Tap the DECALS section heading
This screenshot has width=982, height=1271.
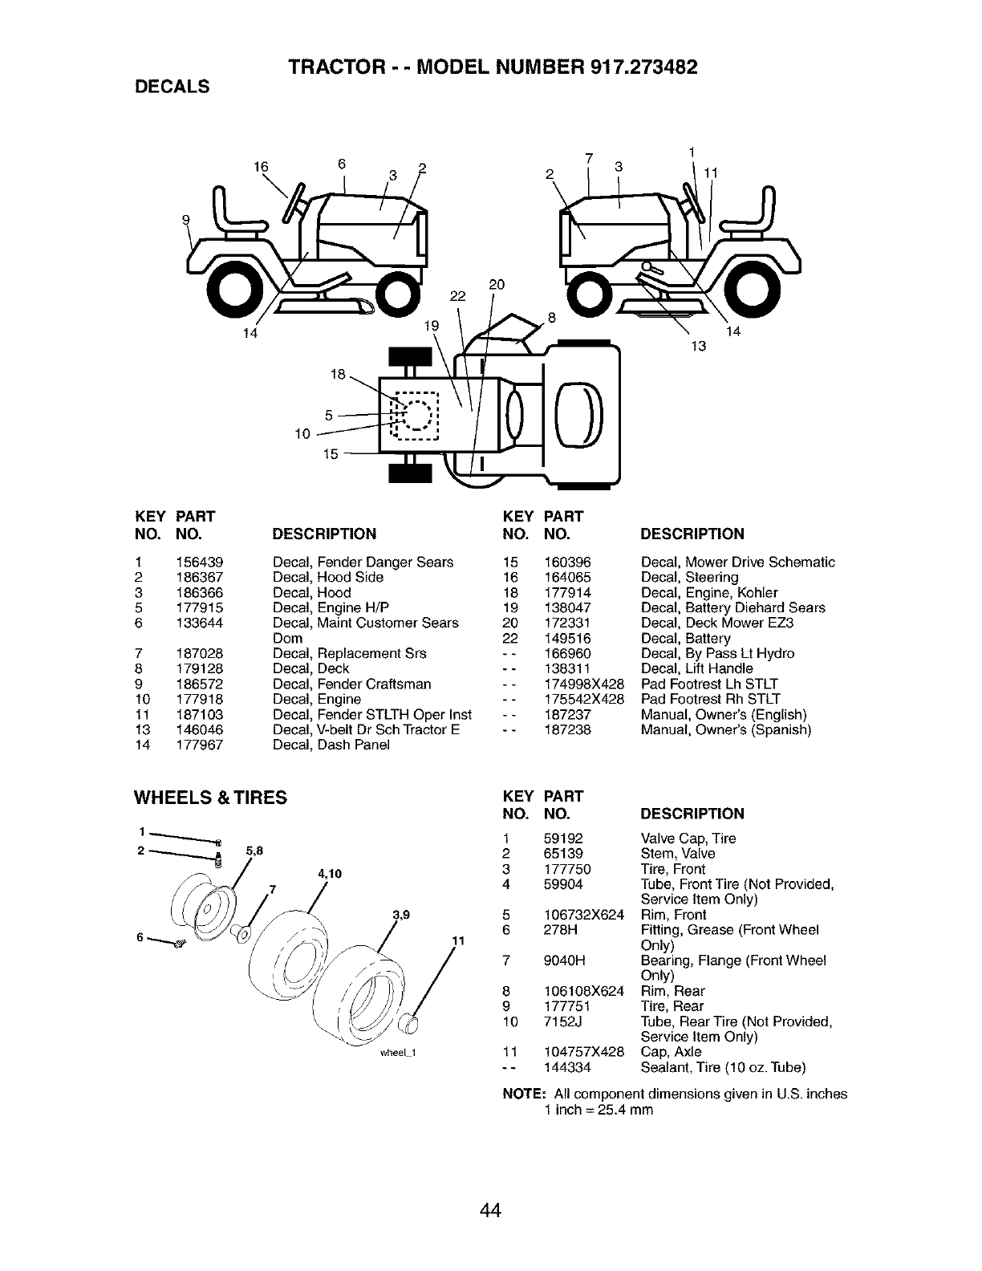click(x=172, y=87)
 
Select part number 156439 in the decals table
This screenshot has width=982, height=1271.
click(x=200, y=562)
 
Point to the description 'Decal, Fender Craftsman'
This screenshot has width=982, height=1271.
click(x=351, y=684)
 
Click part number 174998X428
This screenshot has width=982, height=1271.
click(x=584, y=684)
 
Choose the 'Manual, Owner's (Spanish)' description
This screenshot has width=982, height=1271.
click(x=726, y=729)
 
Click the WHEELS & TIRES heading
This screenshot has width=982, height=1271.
click(x=210, y=797)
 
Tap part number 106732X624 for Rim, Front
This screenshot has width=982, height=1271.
click(x=584, y=915)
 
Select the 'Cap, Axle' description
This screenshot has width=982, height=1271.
click(x=671, y=1052)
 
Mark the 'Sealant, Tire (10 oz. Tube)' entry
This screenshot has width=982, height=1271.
click(x=723, y=1067)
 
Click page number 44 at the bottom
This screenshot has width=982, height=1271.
click(x=491, y=1188)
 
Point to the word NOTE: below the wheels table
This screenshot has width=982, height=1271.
click(x=524, y=1094)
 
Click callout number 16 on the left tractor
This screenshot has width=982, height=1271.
click(x=259, y=167)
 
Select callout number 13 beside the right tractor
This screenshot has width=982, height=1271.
click(x=698, y=347)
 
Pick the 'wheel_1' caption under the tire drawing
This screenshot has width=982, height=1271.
click(x=406, y=1054)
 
